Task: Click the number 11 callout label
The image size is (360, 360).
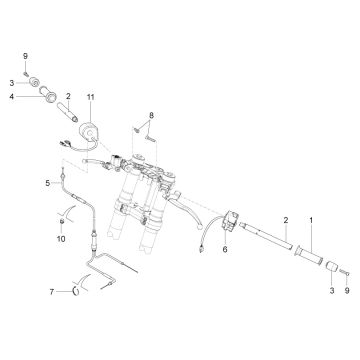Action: click(91, 97)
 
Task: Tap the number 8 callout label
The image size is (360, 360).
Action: click(151, 115)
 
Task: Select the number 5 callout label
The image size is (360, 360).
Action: click(48, 183)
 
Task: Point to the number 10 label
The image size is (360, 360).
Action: click(61, 239)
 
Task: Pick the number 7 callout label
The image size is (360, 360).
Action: click(52, 292)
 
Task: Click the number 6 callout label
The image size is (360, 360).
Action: click(225, 249)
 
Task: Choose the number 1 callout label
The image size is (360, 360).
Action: click(311, 220)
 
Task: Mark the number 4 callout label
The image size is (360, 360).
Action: click(12, 97)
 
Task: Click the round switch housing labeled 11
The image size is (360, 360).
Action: click(88, 131)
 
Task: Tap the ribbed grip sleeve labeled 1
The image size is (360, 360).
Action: click(309, 256)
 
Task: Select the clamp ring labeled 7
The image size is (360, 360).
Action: click(76, 292)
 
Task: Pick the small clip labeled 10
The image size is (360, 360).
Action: click(62, 221)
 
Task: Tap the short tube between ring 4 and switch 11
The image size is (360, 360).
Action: click(68, 112)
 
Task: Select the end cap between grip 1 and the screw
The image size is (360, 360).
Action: click(331, 267)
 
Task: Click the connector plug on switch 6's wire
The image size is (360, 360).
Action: click(201, 249)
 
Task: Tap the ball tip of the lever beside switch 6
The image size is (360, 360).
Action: click(199, 225)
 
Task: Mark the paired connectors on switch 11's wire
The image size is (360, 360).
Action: click(65, 143)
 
